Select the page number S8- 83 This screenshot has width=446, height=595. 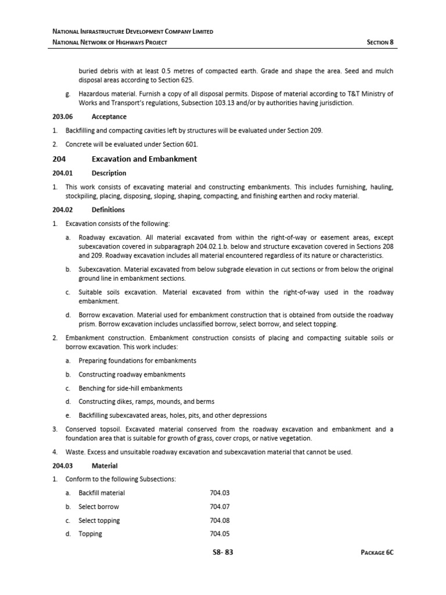[x=223, y=552]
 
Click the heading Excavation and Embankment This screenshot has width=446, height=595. [x=144, y=159]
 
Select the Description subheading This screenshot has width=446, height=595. [x=109, y=173]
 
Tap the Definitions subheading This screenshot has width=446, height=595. [x=108, y=210]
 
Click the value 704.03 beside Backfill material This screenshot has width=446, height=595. [x=220, y=493]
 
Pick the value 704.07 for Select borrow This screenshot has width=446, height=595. [x=220, y=507]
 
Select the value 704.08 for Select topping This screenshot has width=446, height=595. [x=220, y=521]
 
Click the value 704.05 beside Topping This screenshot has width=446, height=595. [x=220, y=534]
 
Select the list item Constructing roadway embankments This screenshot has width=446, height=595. [x=132, y=375]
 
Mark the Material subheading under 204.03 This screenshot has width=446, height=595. [x=105, y=465]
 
